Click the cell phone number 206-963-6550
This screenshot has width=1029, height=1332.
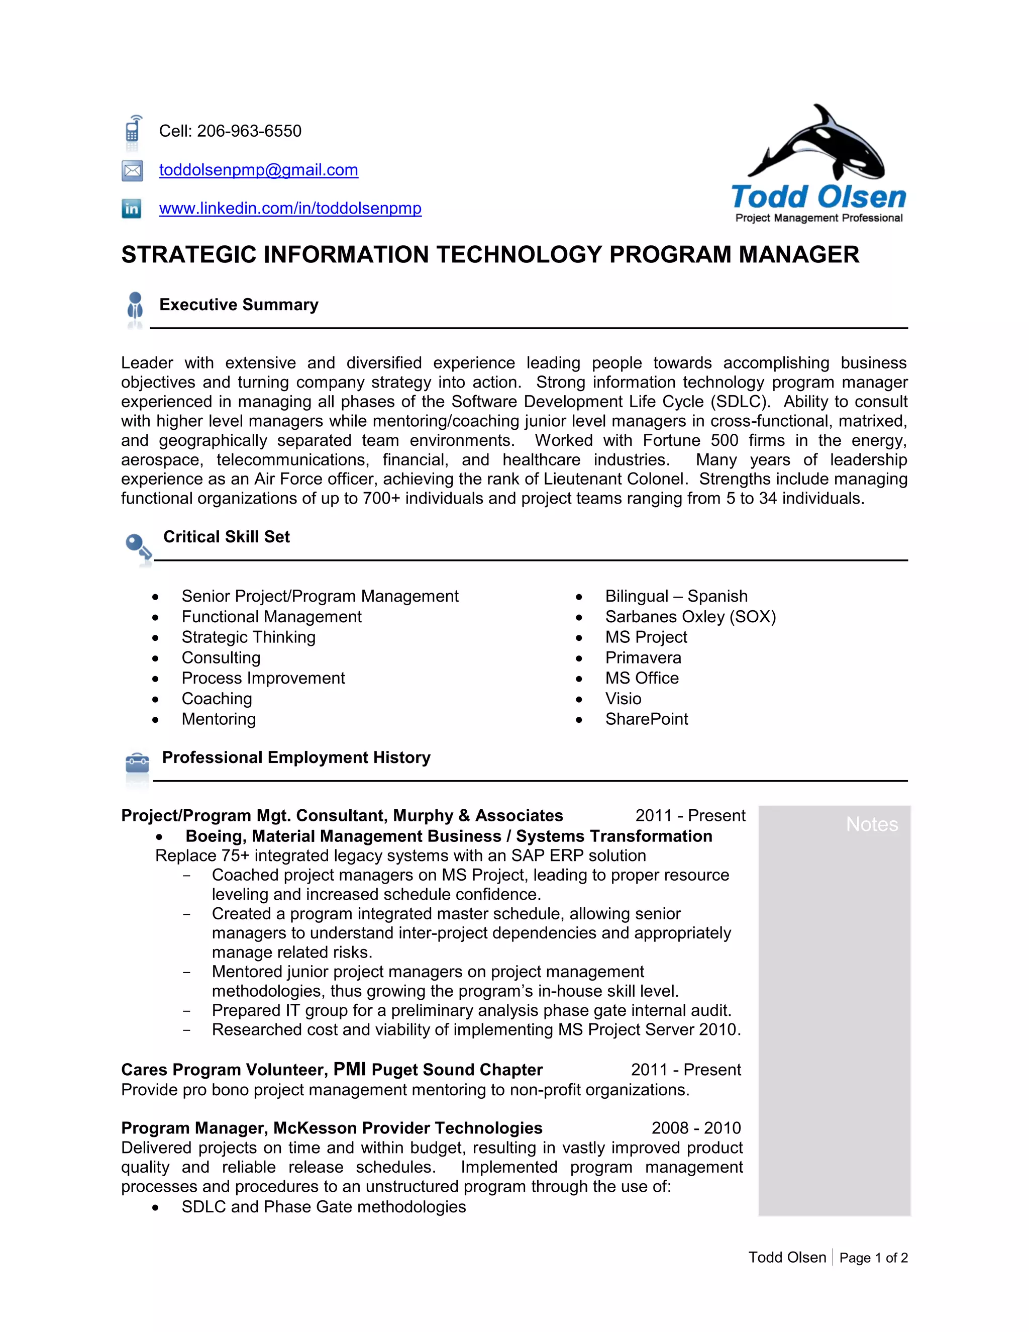tap(249, 131)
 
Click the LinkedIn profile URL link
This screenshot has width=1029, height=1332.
tap(290, 208)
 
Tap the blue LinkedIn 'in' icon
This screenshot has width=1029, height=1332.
tap(132, 209)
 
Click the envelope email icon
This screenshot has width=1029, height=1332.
tap(132, 171)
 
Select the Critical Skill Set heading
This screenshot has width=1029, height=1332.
tap(226, 537)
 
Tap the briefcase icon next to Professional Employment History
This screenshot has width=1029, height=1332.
tap(137, 763)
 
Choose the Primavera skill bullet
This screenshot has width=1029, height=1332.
tap(643, 657)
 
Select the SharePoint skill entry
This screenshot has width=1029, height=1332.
tap(646, 719)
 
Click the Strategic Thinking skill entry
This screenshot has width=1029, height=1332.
tap(248, 637)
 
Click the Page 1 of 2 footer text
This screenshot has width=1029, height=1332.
tap(873, 1258)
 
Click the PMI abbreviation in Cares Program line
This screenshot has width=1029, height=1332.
tap(349, 1069)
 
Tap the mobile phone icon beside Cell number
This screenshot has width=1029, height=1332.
tap(133, 131)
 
